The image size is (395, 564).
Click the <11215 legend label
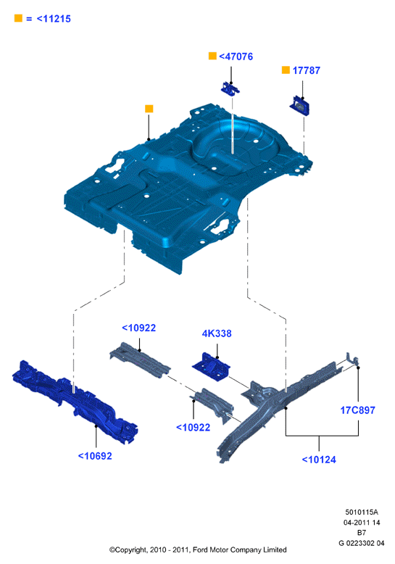[x=54, y=19]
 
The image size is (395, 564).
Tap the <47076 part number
[x=236, y=57]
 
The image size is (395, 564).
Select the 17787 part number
[x=306, y=70]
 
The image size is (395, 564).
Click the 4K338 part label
[x=217, y=333]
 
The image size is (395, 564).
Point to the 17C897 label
[x=357, y=410]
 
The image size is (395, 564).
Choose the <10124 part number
[x=319, y=460]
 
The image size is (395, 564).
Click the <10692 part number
[x=95, y=456]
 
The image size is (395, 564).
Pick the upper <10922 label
[x=139, y=328]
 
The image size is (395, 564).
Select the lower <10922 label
[x=193, y=427]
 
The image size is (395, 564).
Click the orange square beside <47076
[x=212, y=56]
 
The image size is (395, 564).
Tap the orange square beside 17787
[x=286, y=70]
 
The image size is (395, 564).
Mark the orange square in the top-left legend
[x=18, y=18]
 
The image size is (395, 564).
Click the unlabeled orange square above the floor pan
[x=149, y=109]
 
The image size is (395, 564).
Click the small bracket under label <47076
[x=230, y=89]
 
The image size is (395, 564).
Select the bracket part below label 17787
[x=299, y=106]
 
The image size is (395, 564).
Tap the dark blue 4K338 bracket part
[x=211, y=367]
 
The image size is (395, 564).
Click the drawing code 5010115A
[x=362, y=513]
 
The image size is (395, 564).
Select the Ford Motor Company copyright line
[x=198, y=550]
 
